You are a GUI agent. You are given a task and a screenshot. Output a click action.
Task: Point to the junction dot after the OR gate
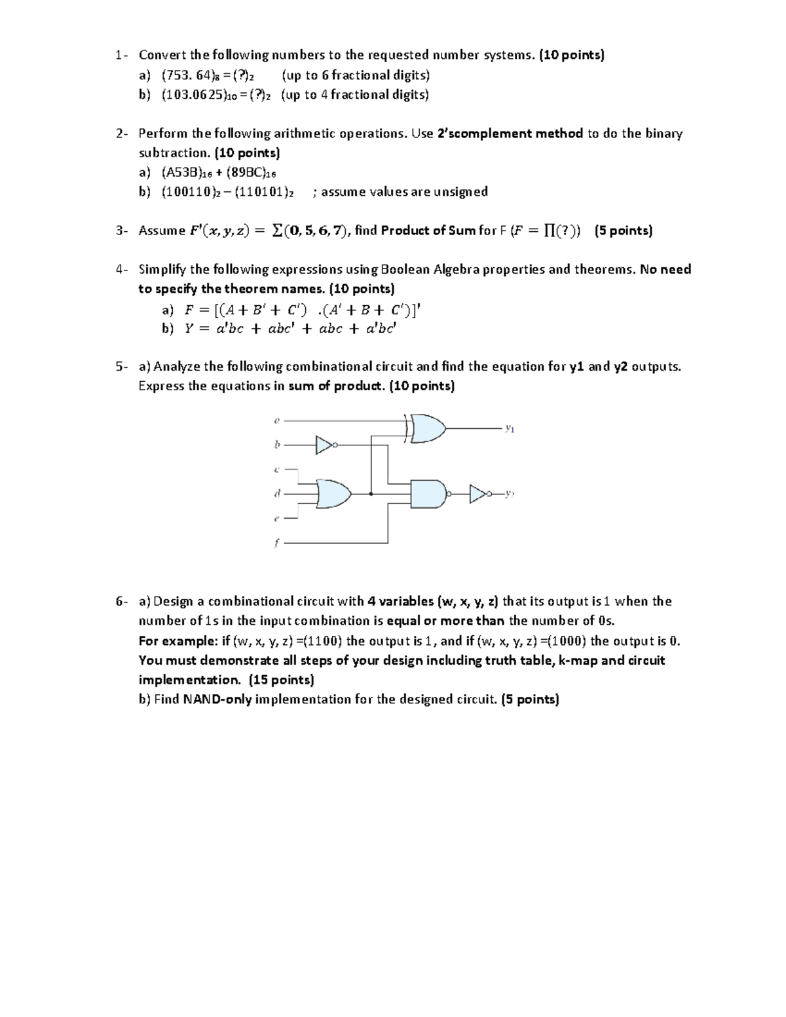(371, 494)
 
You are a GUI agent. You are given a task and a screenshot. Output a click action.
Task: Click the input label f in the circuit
(276, 543)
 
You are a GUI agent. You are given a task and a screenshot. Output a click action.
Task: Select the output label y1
(509, 429)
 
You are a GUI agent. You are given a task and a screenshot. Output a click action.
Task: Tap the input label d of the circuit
(276, 494)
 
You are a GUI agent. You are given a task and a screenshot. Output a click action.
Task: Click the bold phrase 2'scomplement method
(510, 134)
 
